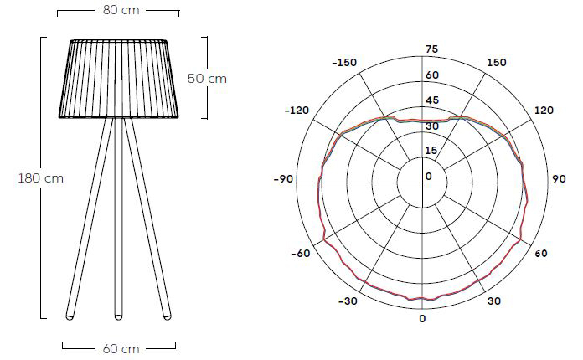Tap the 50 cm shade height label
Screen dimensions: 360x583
click(x=207, y=79)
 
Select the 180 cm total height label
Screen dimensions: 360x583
click(x=40, y=177)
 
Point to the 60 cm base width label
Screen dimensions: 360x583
click(x=119, y=348)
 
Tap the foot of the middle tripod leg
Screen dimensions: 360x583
click(x=118, y=316)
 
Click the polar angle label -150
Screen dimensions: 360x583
click(x=343, y=63)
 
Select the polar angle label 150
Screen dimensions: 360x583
click(x=497, y=63)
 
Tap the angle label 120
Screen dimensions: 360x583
click(x=544, y=111)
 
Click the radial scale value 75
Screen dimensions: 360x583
click(x=431, y=49)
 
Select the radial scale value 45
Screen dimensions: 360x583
click(x=431, y=100)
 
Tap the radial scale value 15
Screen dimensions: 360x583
click(x=431, y=151)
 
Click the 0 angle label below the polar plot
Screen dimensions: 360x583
click(x=422, y=319)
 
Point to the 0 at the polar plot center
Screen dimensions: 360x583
click(x=429, y=177)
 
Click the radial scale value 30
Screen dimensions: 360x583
click(x=431, y=126)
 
